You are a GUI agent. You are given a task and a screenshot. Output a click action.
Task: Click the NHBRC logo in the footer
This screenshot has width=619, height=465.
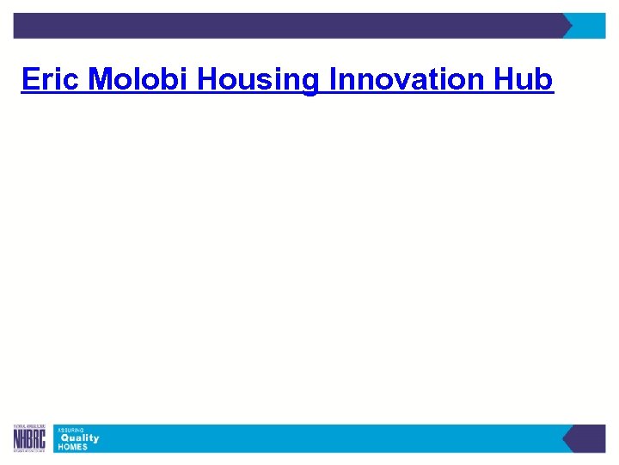(x=30, y=439)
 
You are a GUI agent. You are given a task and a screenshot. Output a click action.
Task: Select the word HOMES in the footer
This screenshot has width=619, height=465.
(x=72, y=447)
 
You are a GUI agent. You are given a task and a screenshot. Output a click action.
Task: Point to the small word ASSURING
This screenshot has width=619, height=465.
(x=70, y=430)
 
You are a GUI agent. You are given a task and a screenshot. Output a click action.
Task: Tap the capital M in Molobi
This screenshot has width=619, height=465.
(x=101, y=80)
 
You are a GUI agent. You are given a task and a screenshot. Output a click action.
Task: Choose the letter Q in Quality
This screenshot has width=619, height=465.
(x=64, y=438)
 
